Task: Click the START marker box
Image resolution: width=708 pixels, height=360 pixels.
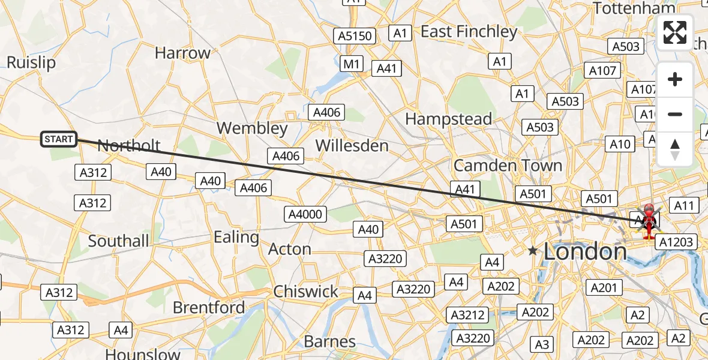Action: click(59, 140)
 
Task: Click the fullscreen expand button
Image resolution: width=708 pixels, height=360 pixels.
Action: click(675, 32)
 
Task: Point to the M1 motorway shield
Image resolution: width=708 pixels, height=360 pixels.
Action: click(351, 64)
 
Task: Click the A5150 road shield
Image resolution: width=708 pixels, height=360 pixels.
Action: click(355, 36)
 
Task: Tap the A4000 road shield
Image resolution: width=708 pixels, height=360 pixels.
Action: click(305, 214)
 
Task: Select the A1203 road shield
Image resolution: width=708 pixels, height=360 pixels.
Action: click(676, 242)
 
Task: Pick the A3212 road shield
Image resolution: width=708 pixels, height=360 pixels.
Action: click(468, 314)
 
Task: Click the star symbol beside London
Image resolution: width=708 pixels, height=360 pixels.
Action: click(532, 250)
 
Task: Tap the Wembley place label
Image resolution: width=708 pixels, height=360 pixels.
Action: click(252, 128)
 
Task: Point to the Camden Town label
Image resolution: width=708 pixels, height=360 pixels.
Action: click(508, 165)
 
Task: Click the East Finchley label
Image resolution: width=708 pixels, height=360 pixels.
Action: click(469, 32)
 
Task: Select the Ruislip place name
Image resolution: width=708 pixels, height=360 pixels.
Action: click(31, 62)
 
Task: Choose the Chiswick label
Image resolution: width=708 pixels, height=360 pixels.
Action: click(306, 292)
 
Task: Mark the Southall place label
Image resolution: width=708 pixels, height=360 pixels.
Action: click(118, 241)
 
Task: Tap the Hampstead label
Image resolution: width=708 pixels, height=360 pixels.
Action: click(448, 119)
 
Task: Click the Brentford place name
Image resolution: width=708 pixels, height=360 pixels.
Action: click(209, 308)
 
